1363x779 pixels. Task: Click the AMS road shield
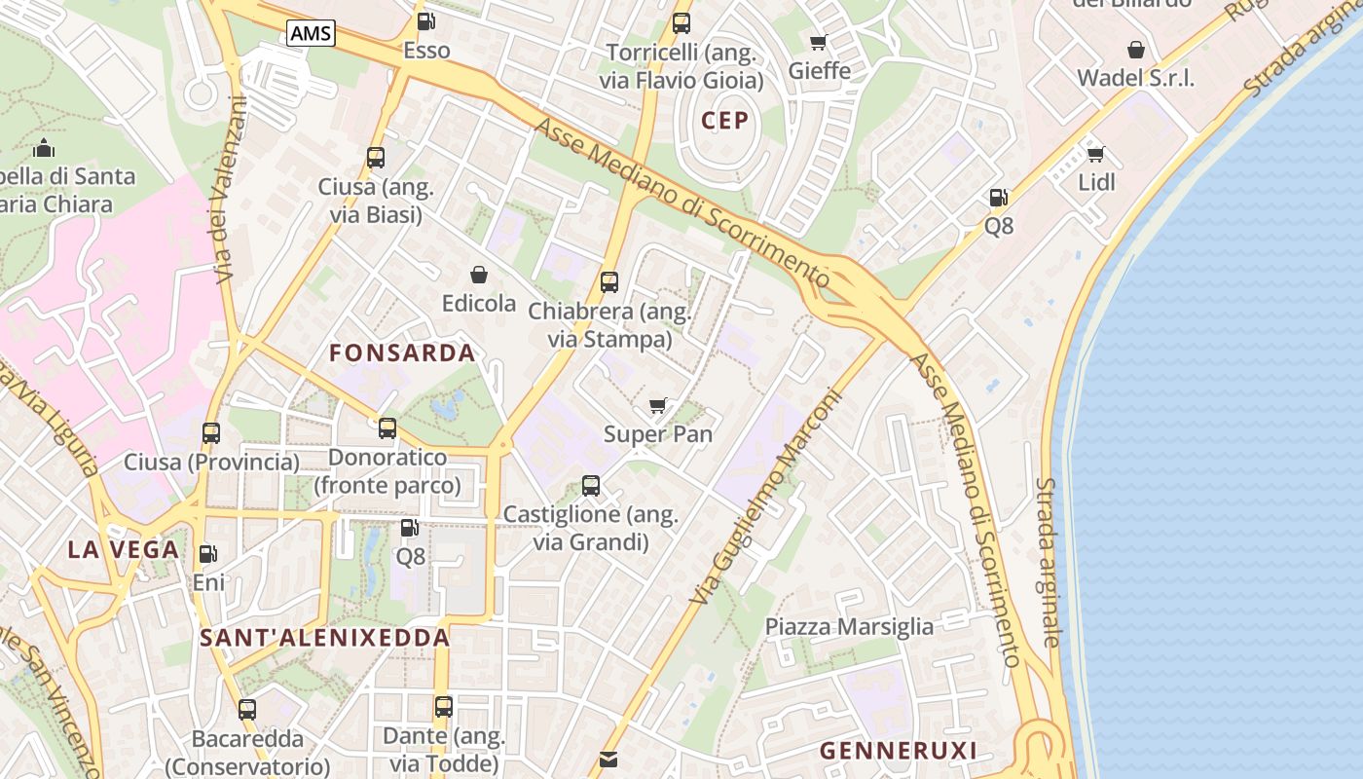click(x=311, y=34)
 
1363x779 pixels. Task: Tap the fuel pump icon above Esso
click(x=425, y=21)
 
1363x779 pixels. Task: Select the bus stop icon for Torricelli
click(x=681, y=23)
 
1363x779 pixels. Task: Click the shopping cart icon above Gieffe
click(x=819, y=42)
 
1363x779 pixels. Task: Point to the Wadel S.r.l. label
click(x=1135, y=79)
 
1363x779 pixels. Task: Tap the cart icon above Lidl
click(x=1095, y=154)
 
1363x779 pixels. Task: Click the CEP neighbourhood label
click(x=725, y=121)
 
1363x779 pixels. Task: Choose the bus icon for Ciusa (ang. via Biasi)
click(x=376, y=158)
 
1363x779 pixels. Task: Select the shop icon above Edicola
click(x=478, y=275)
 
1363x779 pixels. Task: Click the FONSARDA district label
click(x=402, y=352)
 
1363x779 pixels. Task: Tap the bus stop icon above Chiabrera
click(x=609, y=282)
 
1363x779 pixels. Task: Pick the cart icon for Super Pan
click(x=658, y=405)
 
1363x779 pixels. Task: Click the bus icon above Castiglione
click(x=590, y=486)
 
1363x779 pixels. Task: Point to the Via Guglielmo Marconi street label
click(x=766, y=497)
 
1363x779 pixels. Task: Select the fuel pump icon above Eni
click(x=207, y=554)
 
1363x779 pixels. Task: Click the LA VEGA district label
click(x=124, y=549)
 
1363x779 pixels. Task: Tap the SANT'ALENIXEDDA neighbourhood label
click(x=325, y=639)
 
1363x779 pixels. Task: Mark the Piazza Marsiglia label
click(x=849, y=626)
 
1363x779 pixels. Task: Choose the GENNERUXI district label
click(x=898, y=751)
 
